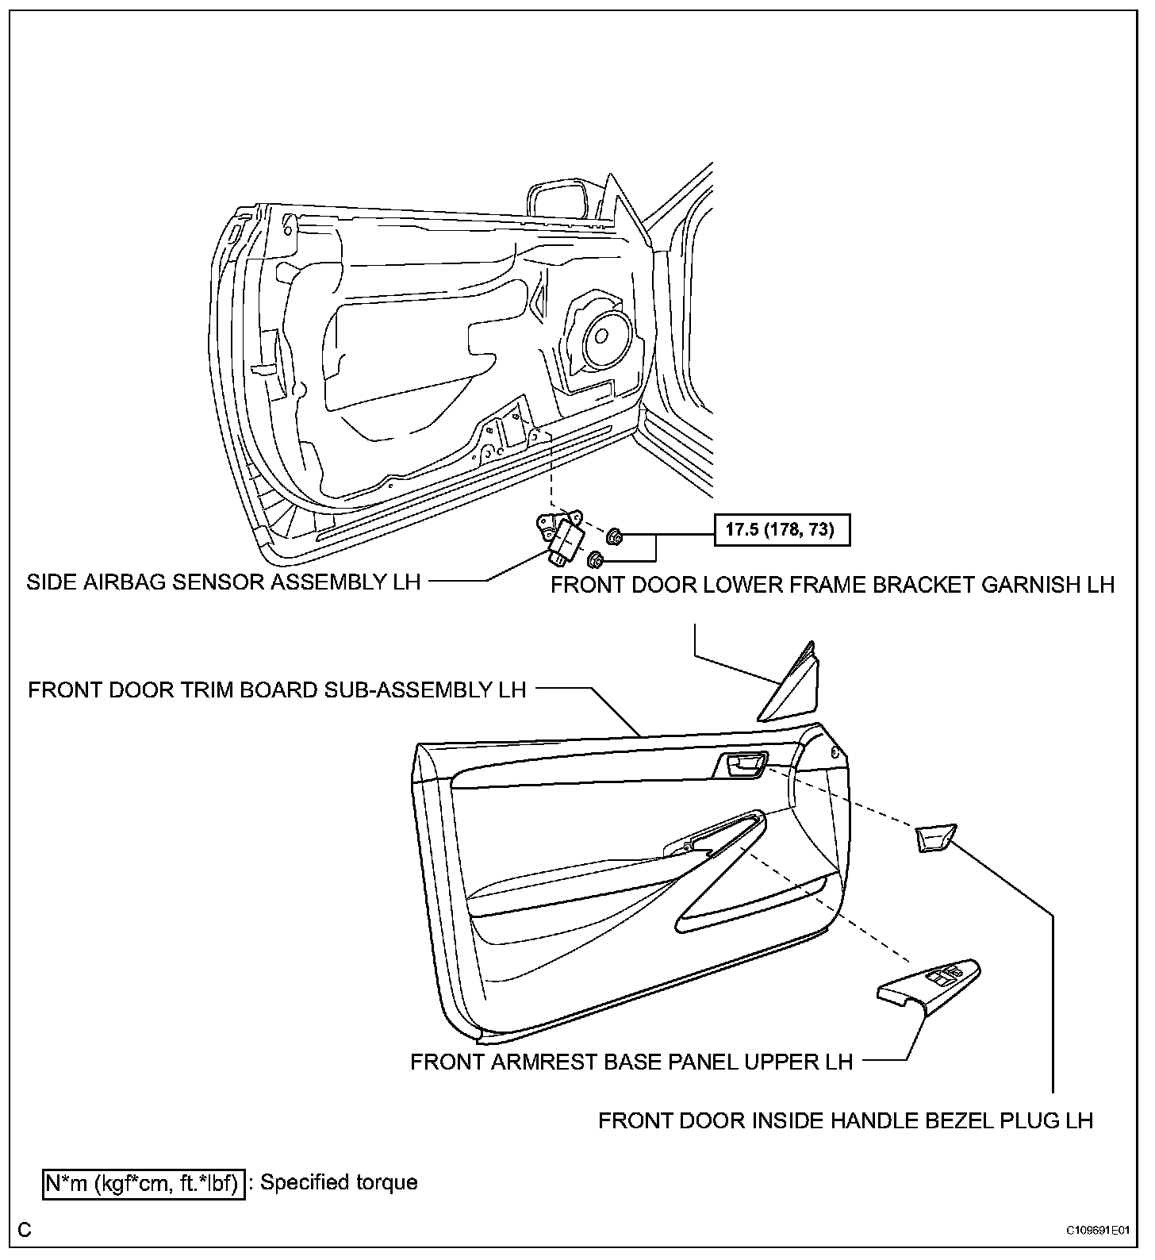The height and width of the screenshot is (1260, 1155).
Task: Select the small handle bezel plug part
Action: (x=935, y=839)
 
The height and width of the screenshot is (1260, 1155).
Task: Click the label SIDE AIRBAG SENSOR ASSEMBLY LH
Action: (x=223, y=582)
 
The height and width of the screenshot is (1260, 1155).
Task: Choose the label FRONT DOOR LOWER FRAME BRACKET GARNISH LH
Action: (x=833, y=585)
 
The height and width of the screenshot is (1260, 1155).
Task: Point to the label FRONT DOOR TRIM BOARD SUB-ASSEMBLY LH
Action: (x=277, y=690)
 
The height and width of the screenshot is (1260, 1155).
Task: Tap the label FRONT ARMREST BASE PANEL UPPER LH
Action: (x=631, y=1062)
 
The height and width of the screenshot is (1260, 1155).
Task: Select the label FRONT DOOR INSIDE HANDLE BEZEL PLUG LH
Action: (x=846, y=1120)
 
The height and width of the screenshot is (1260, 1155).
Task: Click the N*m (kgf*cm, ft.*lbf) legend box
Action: (x=144, y=1183)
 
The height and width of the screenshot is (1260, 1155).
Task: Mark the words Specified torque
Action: (x=340, y=1182)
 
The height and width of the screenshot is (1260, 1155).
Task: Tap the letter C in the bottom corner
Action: (x=25, y=1230)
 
